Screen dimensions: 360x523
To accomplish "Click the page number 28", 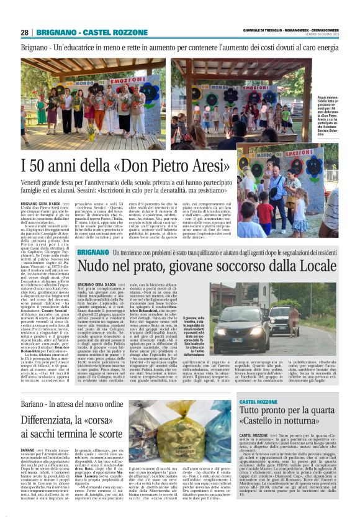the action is (x=24, y=32).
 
